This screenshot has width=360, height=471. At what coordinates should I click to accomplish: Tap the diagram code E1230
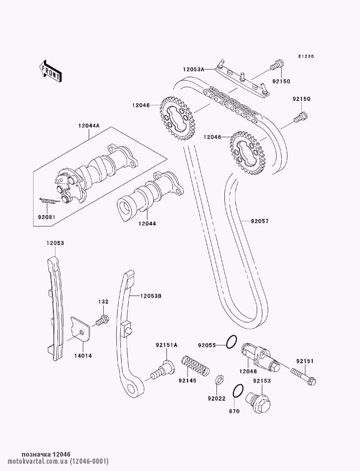tap(306, 56)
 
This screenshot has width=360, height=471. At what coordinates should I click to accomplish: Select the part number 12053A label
tap(194, 69)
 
